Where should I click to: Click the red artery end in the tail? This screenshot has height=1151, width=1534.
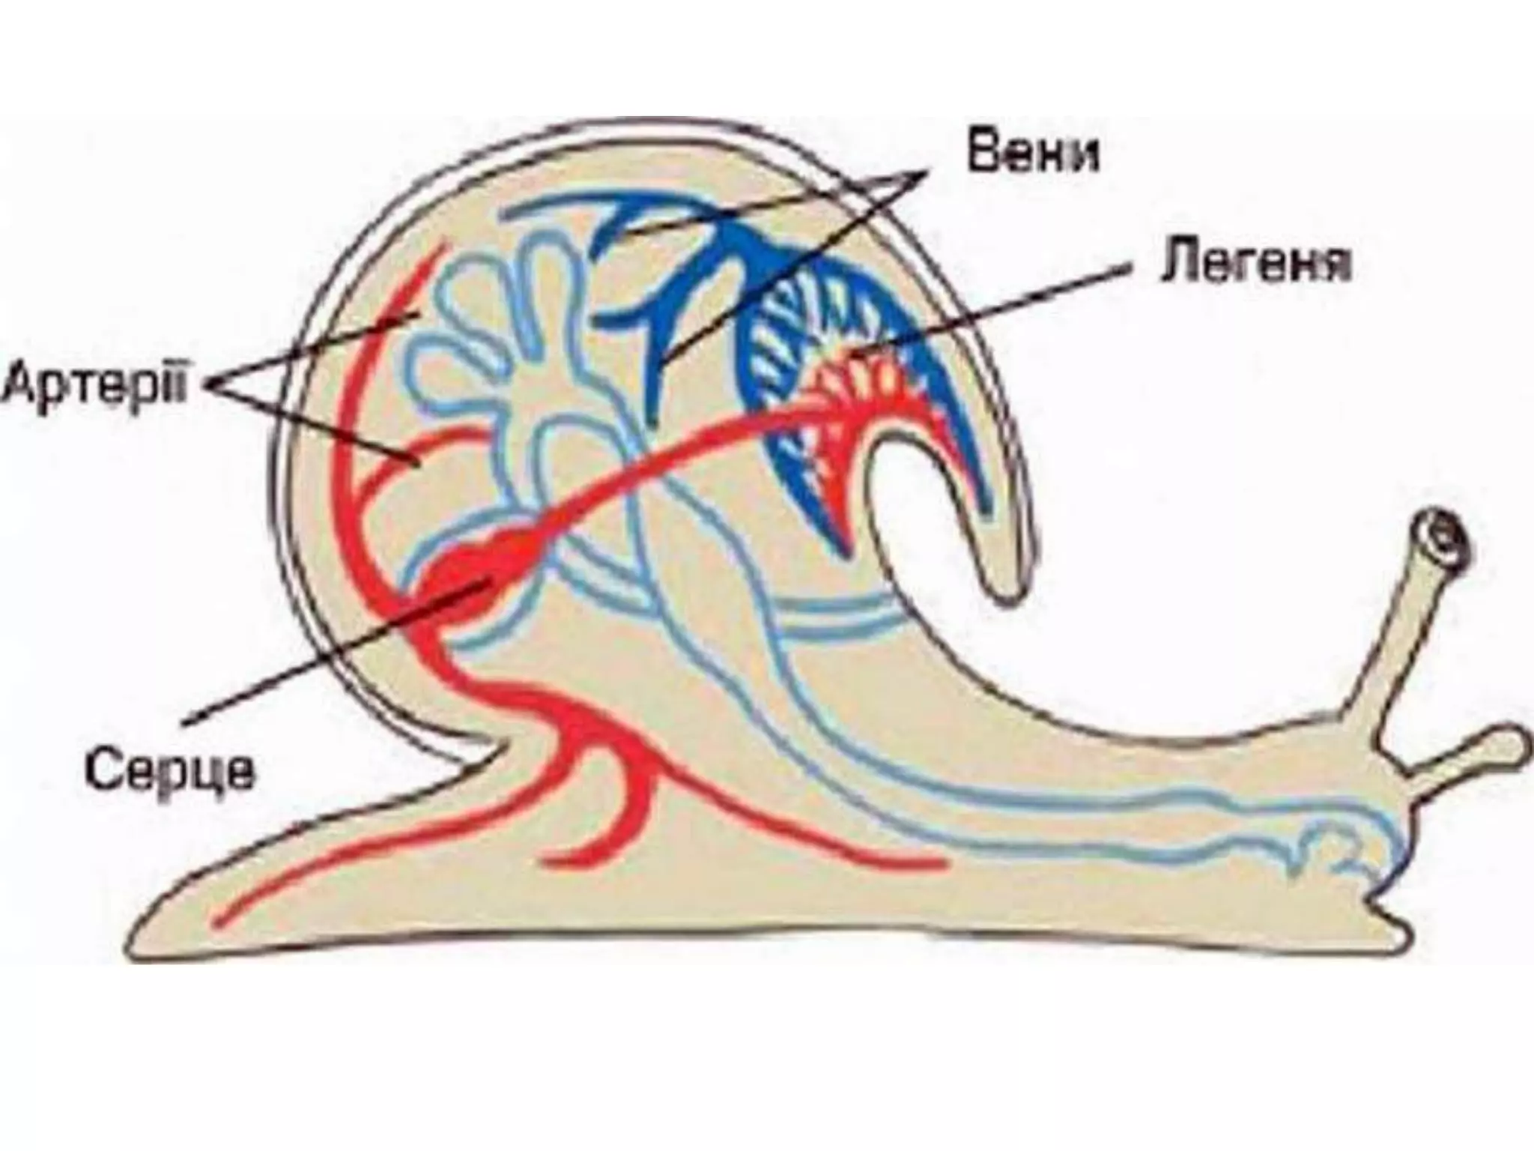(221, 918)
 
